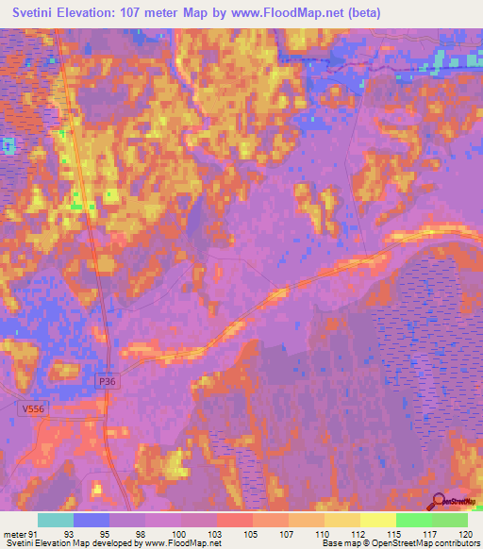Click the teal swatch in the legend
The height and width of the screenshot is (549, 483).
[x=56, y=520]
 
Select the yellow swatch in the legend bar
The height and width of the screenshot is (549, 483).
[x=378, y=520]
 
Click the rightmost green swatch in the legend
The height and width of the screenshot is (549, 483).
[x=450, y=520]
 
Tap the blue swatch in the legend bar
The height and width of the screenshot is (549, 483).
[x=92, y=520]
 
